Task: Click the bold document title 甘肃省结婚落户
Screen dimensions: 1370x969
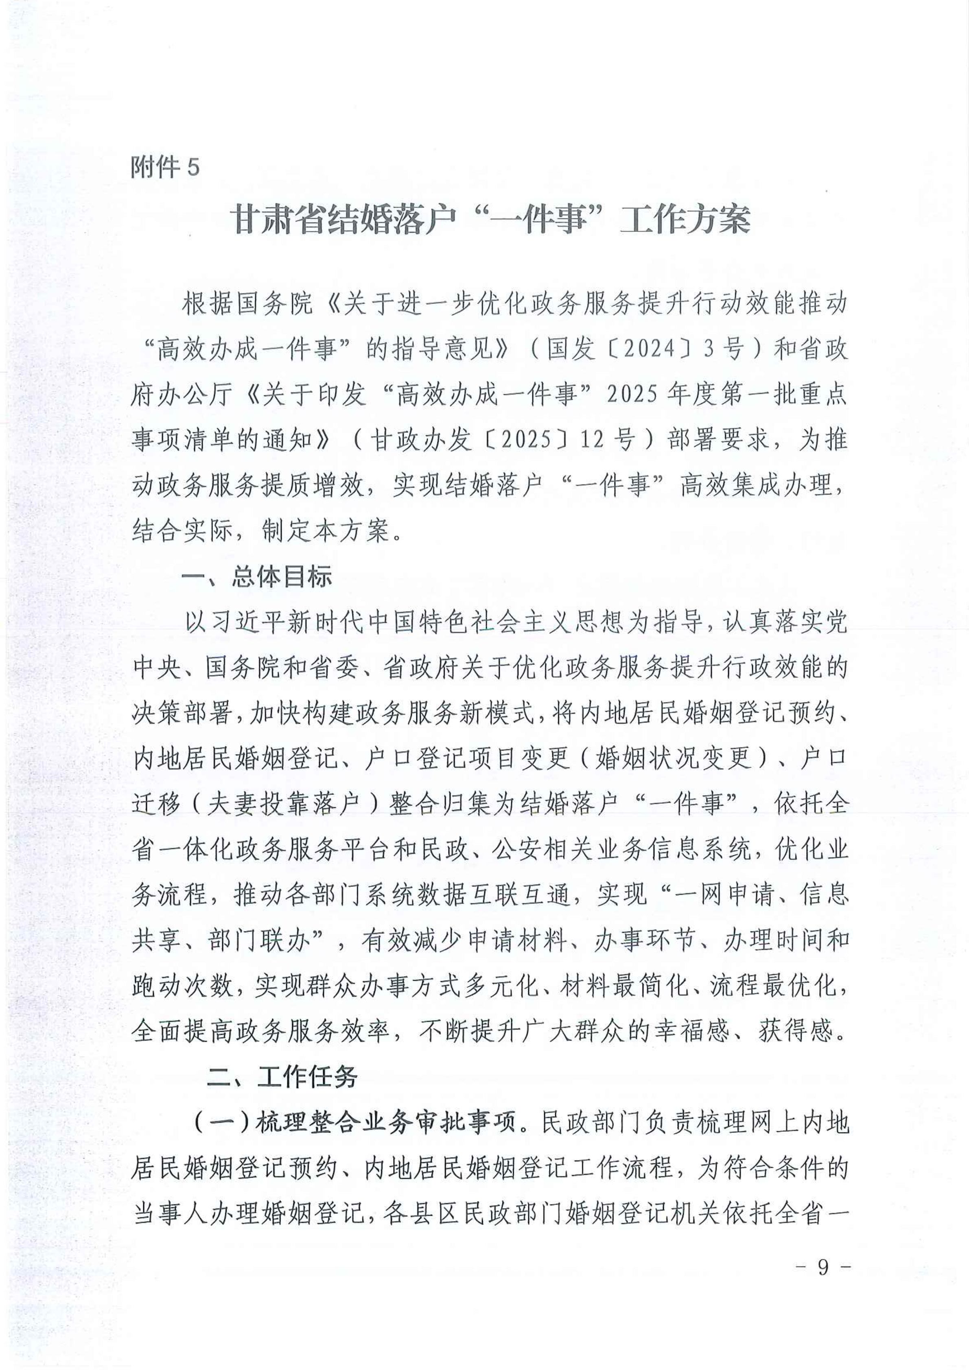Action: [343, 220]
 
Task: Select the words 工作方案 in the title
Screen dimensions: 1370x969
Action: [685, 220]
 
